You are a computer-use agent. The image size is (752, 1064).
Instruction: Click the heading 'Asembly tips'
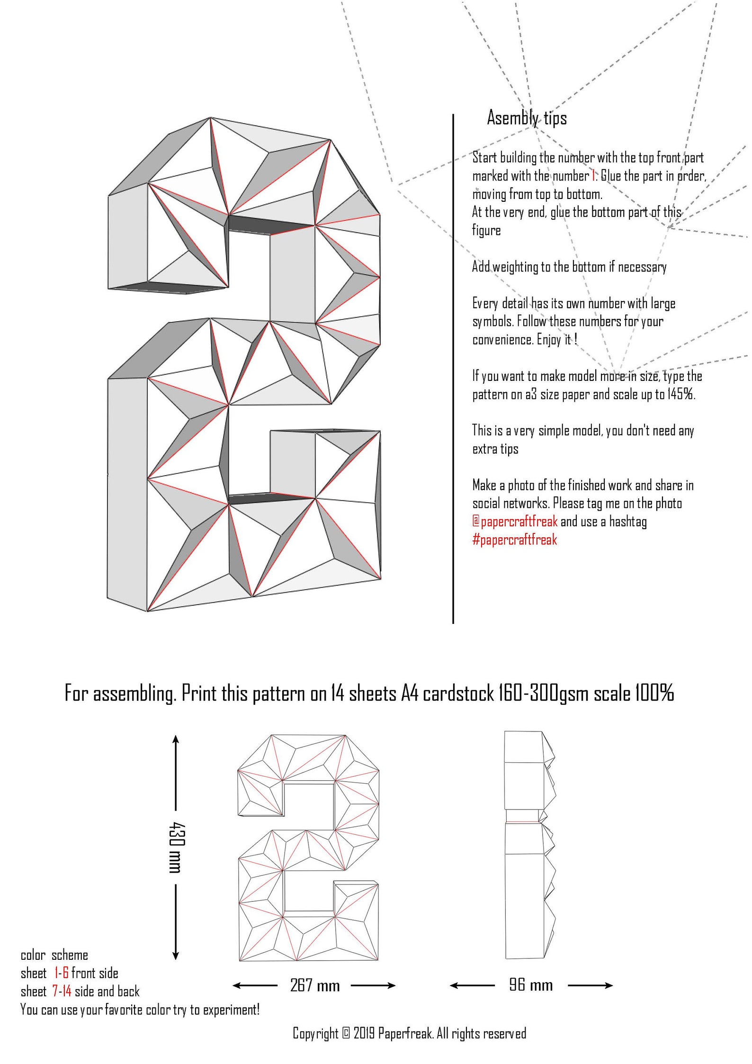click(x=527, y=118)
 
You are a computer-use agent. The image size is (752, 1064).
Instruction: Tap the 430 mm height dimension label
click(x=177, y=848)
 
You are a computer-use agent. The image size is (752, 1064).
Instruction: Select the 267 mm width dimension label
click(x=315, y=986)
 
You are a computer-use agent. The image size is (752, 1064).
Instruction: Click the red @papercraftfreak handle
click(x=515, y=522)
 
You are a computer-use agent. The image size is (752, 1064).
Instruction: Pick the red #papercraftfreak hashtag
click(x=514, y=540)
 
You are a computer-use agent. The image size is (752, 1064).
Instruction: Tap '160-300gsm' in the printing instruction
click(x=544, y=694)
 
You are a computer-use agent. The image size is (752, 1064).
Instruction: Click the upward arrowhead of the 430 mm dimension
click(x=176, y=742)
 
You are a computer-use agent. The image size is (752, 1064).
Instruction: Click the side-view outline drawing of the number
click(x=528, y=848)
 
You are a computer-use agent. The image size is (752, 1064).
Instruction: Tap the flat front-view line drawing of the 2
click(x=308, y=848)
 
